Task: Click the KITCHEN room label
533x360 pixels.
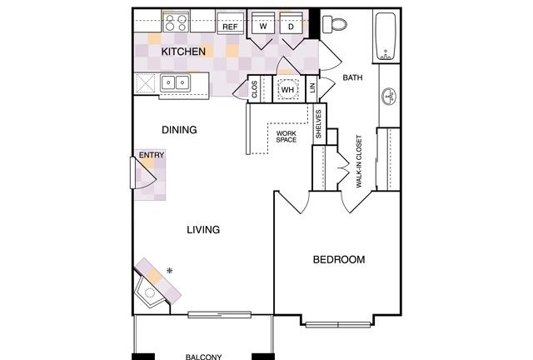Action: (183, 52)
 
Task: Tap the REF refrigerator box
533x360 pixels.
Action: (230, 23)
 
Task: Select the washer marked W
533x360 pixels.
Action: (263, 23)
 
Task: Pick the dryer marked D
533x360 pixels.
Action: (291, 23)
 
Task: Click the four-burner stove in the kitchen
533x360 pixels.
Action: (176, 22)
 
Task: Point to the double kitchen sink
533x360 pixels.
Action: (176, 82)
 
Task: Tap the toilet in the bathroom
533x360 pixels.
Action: (334, 24)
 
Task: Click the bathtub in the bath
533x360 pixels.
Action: (386, 37)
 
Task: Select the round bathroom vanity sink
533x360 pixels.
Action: (389, 97)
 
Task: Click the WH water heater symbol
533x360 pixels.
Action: (287, 90)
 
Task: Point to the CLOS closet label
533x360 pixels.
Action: (255, 89)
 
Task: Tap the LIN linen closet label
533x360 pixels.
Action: (313, 88)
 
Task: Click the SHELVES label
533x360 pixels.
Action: (318, 124)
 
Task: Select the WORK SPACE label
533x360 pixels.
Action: (286, 137)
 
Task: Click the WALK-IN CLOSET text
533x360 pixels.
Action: (359, 162)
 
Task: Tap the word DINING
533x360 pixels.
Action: (179, 130)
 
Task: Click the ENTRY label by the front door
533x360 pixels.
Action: (152, 155)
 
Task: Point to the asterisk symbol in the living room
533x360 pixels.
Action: (170, 271)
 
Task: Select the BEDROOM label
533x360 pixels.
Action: (339, 260)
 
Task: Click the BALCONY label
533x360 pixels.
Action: (203, 357)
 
